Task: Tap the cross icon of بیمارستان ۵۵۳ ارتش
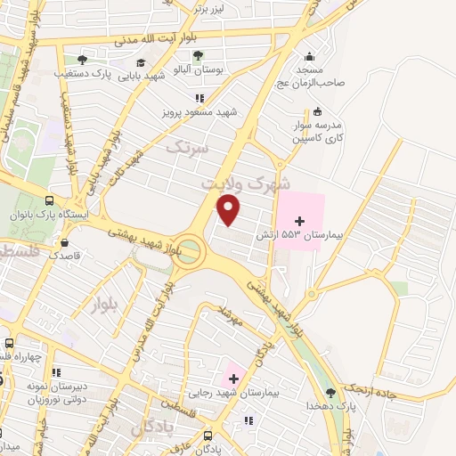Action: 299,221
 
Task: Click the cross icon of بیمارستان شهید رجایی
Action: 233,379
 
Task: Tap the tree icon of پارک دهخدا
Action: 331,393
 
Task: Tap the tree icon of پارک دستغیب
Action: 82,61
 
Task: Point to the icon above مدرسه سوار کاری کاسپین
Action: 318,110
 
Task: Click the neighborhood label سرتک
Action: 191,146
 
